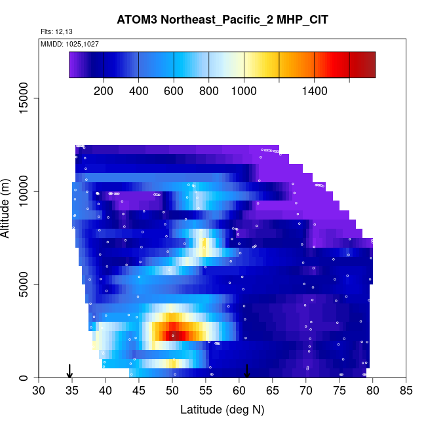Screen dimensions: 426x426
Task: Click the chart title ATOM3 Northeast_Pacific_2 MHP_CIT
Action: point(222,20)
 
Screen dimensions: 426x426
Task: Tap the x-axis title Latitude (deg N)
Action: point(222,410)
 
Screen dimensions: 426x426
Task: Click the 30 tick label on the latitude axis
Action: point(39,391)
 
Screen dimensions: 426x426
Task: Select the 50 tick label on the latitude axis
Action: point(172,391)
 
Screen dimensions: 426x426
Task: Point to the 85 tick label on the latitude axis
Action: point(406,391)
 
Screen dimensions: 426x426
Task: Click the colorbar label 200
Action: point(104,91)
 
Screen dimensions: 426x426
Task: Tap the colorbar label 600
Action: point(174,91)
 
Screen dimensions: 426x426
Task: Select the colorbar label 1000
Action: point(244,91)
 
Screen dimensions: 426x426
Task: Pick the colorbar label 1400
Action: point(315,91)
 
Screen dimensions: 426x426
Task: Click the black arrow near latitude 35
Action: point(70,371)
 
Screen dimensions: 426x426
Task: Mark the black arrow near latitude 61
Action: point(247,371)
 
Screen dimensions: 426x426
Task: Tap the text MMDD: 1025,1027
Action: point(69,44)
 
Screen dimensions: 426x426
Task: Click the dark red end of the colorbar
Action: point(367,64)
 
